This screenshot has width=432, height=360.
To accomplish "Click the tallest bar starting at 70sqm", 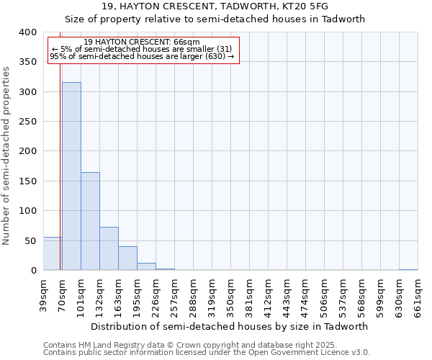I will point(71,176).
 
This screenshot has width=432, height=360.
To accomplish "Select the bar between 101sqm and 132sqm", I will point(90,221).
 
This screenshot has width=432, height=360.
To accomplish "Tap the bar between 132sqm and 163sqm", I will point(109,248).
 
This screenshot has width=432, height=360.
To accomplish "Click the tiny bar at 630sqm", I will point(408,270).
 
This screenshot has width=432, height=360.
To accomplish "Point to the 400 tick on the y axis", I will point(28,32).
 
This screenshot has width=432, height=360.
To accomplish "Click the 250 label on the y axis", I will point(28,122).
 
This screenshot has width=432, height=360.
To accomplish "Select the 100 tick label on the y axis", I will point(28,211).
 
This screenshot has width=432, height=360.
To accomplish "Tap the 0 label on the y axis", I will point(34,271).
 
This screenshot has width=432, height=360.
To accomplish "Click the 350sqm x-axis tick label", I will point(230,294).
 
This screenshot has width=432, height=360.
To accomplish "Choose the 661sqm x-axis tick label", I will point(418,294).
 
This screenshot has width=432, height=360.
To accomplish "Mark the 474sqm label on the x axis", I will point(305,294).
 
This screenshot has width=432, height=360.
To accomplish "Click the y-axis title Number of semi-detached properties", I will point(6,155).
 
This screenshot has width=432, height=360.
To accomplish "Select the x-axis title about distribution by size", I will point(230,326).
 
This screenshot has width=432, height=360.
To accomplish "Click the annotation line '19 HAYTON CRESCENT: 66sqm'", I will point(142,42).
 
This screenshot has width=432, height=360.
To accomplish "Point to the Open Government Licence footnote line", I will point(207,353).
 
